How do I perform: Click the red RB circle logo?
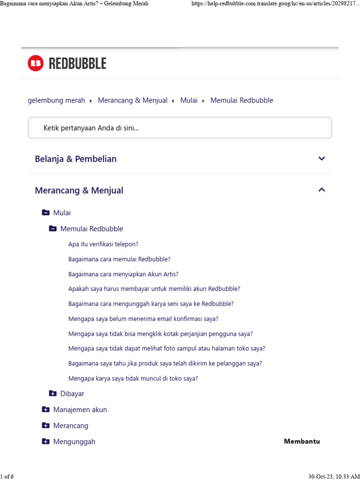[36, 63]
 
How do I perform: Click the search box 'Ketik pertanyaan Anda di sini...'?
[180, 128]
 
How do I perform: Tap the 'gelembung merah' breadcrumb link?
[56, 100]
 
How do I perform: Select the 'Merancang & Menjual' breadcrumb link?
[133, 100]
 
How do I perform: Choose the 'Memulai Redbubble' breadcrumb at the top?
[242, 100]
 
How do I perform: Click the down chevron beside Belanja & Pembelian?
[322, 158]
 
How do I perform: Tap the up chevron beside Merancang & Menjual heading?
[322, 190]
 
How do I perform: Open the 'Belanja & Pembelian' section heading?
[75, 159]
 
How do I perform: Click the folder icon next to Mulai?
[45, 213]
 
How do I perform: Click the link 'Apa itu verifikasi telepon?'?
[103, 244]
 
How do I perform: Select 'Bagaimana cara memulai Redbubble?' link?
[119, 259]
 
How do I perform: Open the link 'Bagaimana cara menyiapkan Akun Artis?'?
[123, 274]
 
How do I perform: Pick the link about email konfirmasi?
[143, 319]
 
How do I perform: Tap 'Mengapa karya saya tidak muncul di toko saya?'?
[133, 378]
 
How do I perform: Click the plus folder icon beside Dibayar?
[52, 393]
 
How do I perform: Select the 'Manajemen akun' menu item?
[80, 410]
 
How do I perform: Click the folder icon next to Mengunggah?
[45, 441]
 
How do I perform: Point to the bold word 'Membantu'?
[302, 441]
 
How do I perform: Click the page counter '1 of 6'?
[7, 476]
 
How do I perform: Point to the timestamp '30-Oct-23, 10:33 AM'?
[334, 476]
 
